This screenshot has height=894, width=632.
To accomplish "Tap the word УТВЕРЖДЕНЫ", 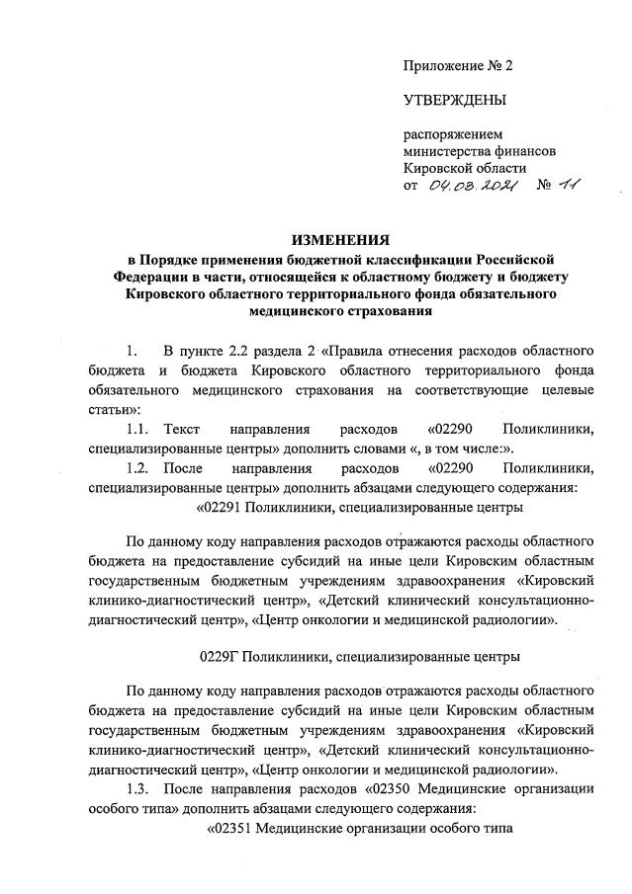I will (454, 100).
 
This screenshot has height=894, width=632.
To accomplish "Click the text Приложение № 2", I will (458, 66).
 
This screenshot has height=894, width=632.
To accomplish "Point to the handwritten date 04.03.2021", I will (469, 186).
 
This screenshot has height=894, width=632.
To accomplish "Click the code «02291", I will (224, 507).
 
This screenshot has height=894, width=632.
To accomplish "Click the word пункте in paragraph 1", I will (207, 352).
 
